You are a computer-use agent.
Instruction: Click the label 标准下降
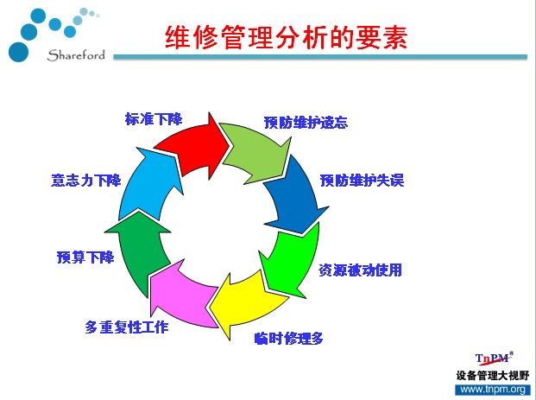154,119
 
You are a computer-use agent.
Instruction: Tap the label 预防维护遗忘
306,123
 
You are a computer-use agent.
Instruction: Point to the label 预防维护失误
362,181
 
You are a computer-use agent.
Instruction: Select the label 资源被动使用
360,270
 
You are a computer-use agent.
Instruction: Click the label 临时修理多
289,339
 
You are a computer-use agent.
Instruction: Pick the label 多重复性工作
127,327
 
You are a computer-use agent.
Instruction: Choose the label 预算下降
85,257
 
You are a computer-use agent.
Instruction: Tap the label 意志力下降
86,181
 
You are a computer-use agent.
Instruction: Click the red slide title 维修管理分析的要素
287,37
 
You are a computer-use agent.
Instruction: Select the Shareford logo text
76,55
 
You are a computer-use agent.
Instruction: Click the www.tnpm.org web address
493,390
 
